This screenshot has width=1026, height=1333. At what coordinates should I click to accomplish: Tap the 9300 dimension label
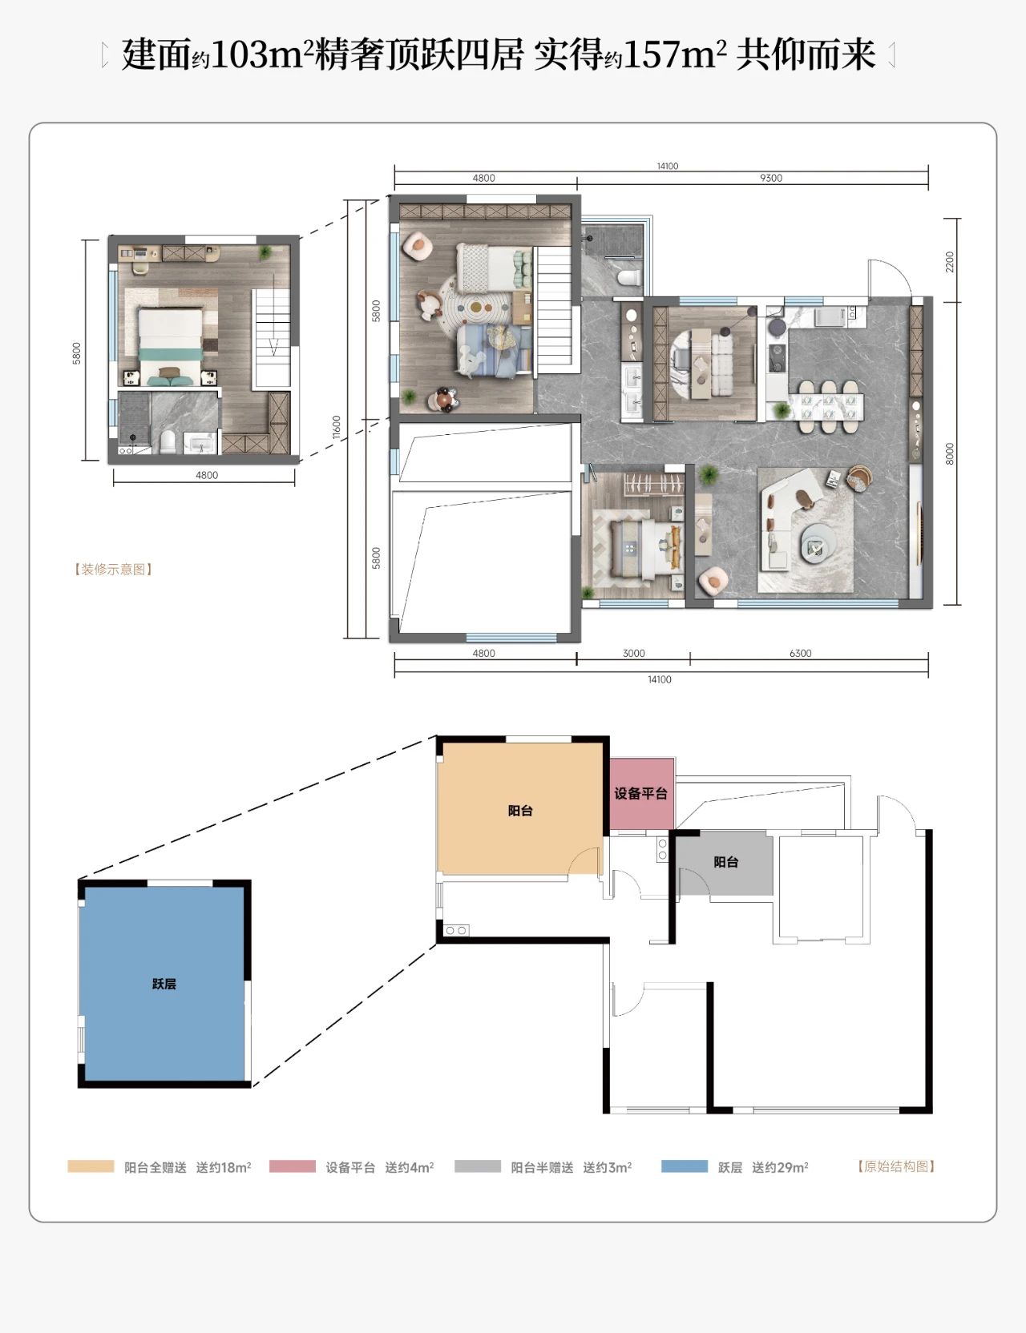771,178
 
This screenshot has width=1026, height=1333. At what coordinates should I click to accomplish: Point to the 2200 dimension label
950,261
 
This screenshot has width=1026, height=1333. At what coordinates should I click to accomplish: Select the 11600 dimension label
337,427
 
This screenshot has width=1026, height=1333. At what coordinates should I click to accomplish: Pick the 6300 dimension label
800,653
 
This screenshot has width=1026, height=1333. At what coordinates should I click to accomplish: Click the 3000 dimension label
633,653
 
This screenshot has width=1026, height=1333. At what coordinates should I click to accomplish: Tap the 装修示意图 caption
113,570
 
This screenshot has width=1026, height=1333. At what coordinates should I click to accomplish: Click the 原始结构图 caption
896,1166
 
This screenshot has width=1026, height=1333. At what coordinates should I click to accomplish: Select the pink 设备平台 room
641,793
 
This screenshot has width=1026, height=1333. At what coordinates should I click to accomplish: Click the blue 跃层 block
164,983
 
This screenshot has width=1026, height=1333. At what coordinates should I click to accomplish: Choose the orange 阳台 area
520,809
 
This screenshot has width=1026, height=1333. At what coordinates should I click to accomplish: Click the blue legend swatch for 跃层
685,1166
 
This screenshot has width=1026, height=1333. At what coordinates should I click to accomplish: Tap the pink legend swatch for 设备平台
293,1166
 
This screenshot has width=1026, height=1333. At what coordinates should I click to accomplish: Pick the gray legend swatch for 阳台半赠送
478,1166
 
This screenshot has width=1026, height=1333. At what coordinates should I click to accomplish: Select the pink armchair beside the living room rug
713,581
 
